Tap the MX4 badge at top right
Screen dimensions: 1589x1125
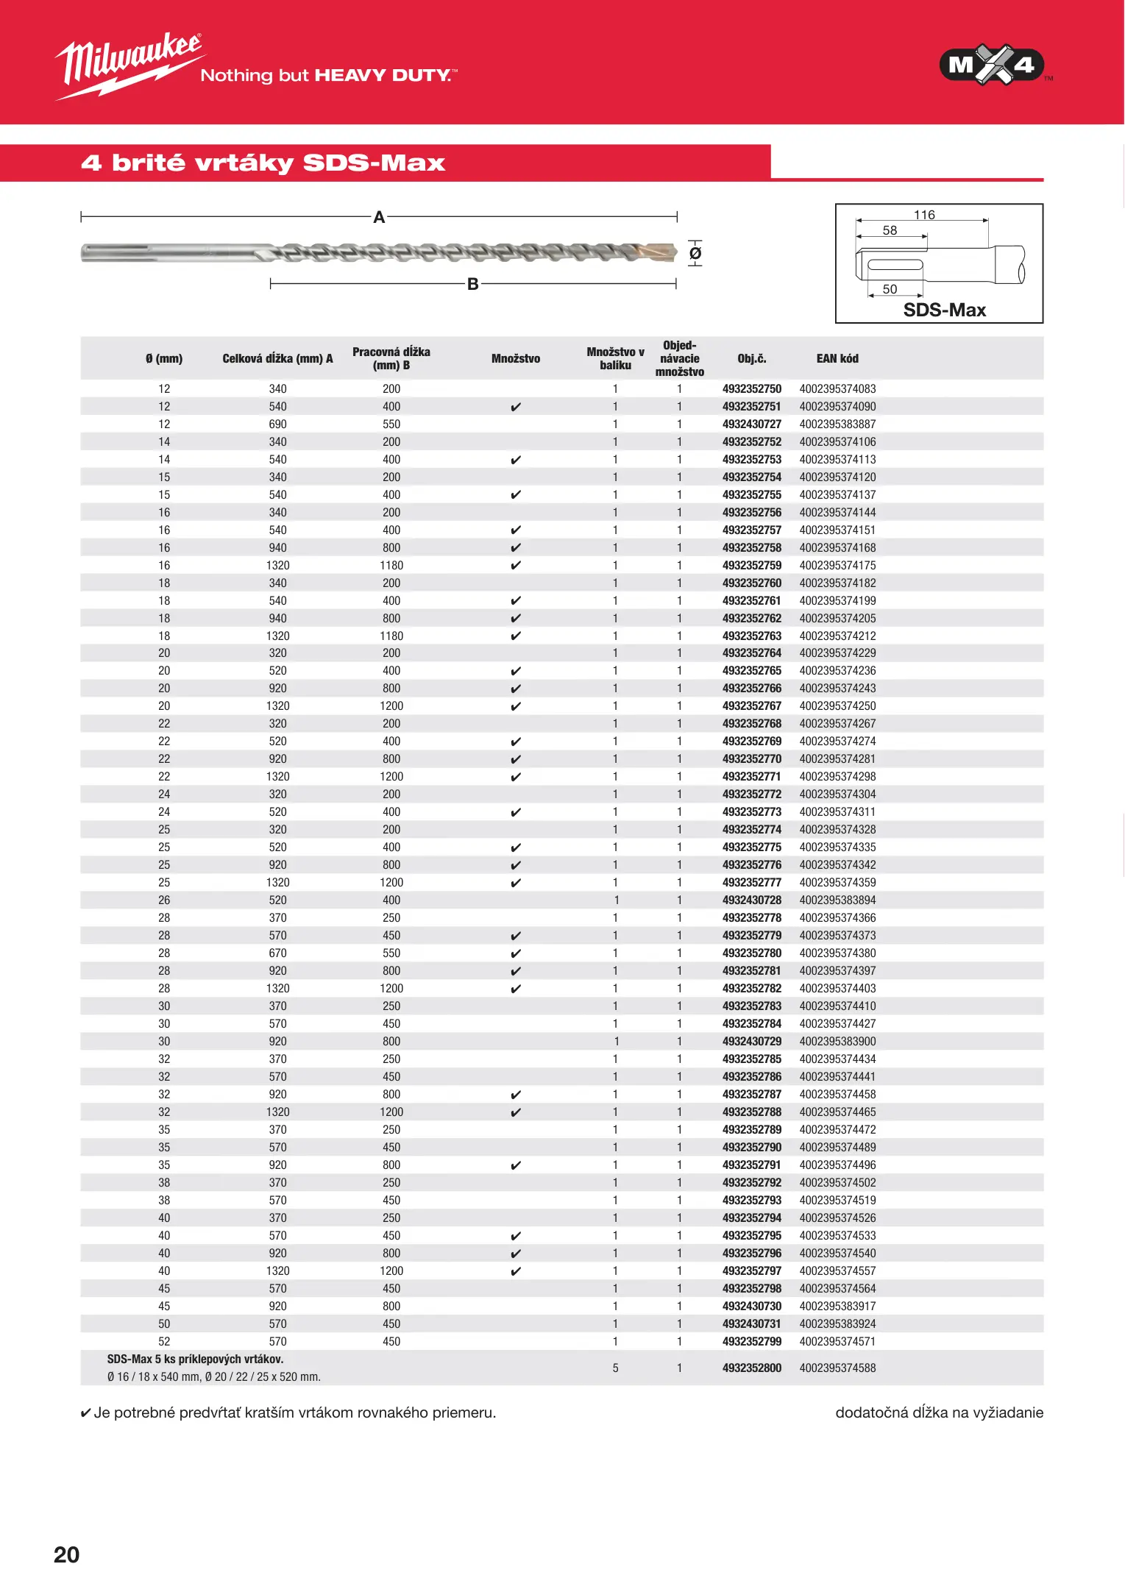(991, 65)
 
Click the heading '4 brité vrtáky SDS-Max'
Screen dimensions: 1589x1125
(263, 163)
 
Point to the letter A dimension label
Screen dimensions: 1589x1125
(379, 217)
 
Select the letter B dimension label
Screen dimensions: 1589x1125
(473, 284)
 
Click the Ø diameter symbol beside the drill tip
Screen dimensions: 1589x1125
(695, 254)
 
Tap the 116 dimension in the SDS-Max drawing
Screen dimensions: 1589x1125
(924, 215)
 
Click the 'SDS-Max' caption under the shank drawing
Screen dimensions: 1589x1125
(944, 310)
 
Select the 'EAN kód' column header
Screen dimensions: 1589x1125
(837, 359)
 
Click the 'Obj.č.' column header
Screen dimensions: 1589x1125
(751, 359)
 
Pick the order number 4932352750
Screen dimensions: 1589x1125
(751, 389)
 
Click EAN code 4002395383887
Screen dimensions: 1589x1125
(837, 424)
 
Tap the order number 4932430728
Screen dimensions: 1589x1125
(751, 900)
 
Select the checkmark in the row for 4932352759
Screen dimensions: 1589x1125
(516, 566)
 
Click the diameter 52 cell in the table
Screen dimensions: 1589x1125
(164, 1342)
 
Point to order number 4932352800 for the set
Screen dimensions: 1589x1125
(751, 1368)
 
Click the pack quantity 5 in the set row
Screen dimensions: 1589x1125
(615, 1368)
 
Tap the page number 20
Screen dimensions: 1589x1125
(66, 1554)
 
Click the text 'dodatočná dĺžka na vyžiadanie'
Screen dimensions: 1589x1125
(939, 1412)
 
